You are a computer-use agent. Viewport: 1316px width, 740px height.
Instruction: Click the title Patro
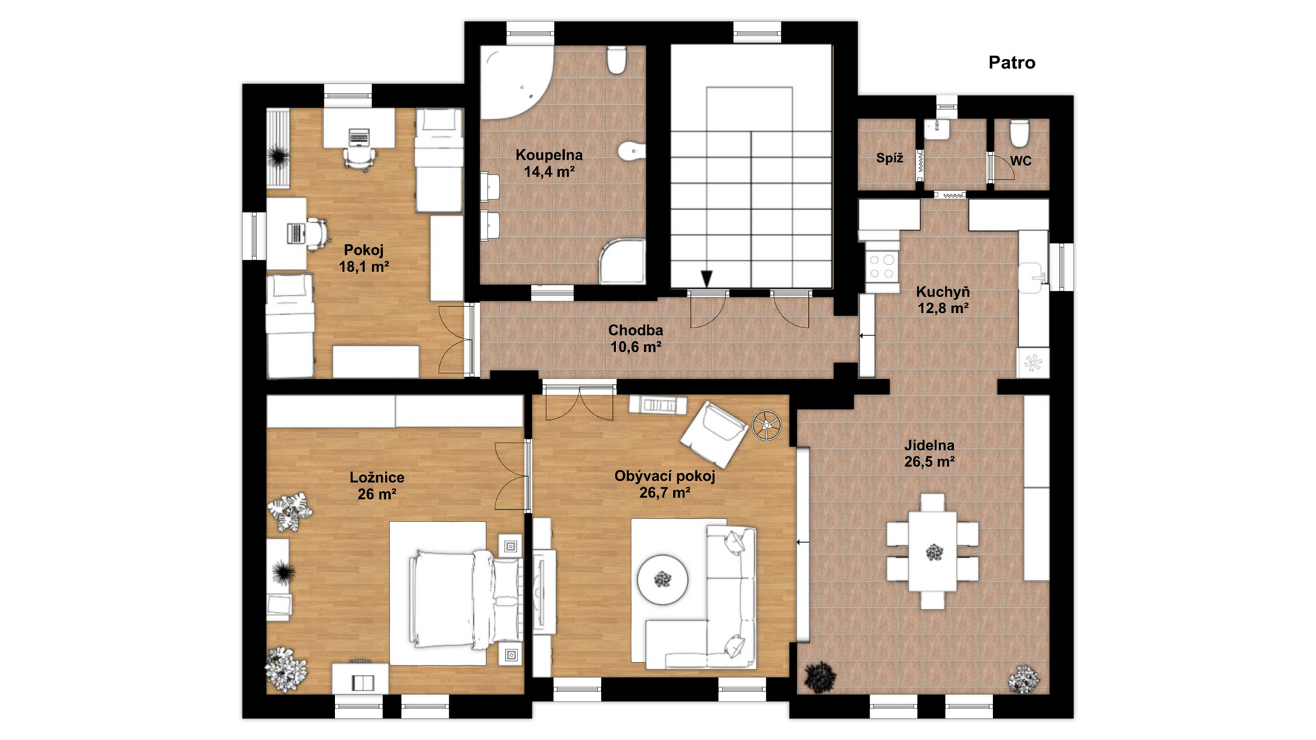(x=1012, y=62)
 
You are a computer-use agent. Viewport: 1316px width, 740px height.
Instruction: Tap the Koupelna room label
(x=549, y=155)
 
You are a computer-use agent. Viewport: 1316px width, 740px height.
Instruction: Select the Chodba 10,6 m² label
(x=635, y=338)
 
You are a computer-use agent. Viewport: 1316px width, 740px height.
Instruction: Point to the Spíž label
(x=890, y=158)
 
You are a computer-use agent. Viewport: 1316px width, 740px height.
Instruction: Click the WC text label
(x=1021, y=161)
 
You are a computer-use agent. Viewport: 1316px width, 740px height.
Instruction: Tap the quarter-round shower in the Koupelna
(x=622, y=261)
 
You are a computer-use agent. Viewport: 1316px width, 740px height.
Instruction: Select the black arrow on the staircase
(x=707, y=278)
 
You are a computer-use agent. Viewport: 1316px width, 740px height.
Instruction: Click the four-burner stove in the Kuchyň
(x=882, y=267)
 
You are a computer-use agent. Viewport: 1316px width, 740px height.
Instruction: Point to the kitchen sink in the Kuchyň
(x=1032, y=276)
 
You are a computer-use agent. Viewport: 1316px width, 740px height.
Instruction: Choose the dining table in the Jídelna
(x=933, y=551)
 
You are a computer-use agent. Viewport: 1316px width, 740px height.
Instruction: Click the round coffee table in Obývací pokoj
(x=662, y=580)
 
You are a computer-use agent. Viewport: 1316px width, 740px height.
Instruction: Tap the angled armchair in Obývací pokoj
(x=714, y=434)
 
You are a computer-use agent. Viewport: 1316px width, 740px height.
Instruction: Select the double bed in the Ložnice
(x=465, y=600)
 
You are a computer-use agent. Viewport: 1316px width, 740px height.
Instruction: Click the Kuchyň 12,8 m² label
(x=943, y=300)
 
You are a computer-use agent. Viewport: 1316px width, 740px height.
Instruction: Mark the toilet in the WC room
(x=1019, y=133)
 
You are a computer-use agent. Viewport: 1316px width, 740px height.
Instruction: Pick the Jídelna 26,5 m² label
(x=929, y=454)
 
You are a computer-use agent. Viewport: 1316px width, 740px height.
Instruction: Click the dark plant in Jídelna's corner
(x=820, y=678)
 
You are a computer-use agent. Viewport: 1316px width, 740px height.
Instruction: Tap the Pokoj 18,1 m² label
(x=364, y=258)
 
